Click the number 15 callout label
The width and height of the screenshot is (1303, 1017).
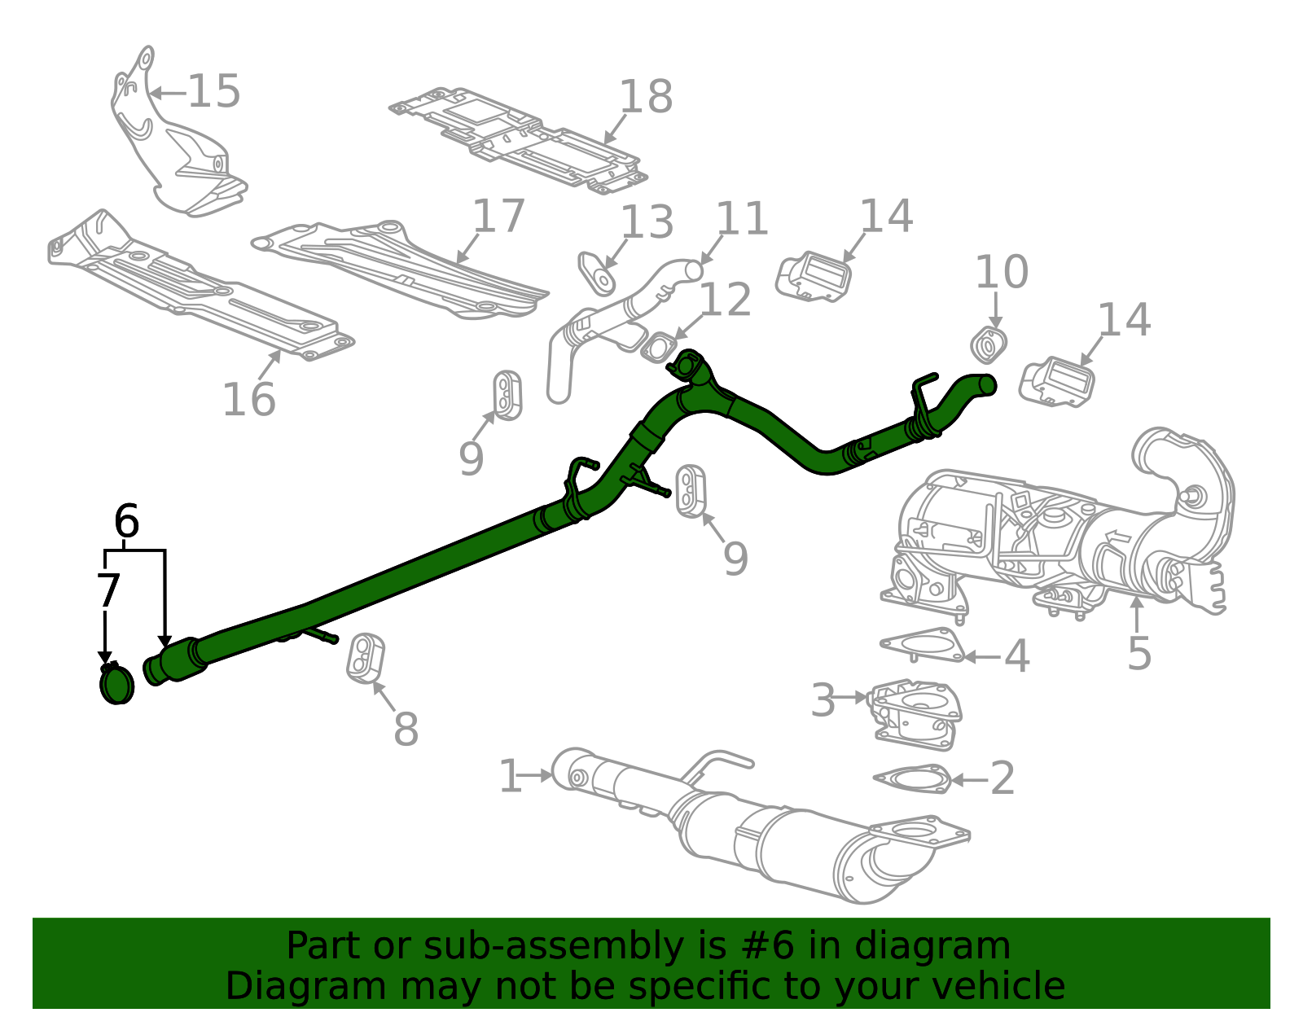coord(214,91)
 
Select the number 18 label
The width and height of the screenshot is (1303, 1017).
coord(646,97)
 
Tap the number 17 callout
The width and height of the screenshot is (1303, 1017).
coord(498,217)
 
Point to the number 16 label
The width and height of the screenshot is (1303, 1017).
coord(249,400)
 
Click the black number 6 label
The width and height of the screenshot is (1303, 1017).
coord(126,521)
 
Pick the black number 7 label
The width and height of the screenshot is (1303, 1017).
coord(108,590)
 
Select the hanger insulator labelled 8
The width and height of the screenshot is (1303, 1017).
coord(366,657)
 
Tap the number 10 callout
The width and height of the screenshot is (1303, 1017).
coord(1002,272)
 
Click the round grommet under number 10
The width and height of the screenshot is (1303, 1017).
coord(989,346)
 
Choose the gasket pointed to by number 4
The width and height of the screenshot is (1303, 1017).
coord(922,645)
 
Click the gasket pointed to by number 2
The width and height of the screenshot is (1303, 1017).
coord(912,778)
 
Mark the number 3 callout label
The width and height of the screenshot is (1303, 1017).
coord(823,700)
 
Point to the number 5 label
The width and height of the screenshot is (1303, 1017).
coord(1139,653)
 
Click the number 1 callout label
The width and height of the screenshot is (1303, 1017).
coord(510,776)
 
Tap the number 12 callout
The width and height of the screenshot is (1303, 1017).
coord(725,300)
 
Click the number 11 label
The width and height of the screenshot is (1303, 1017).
coord(742,219)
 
